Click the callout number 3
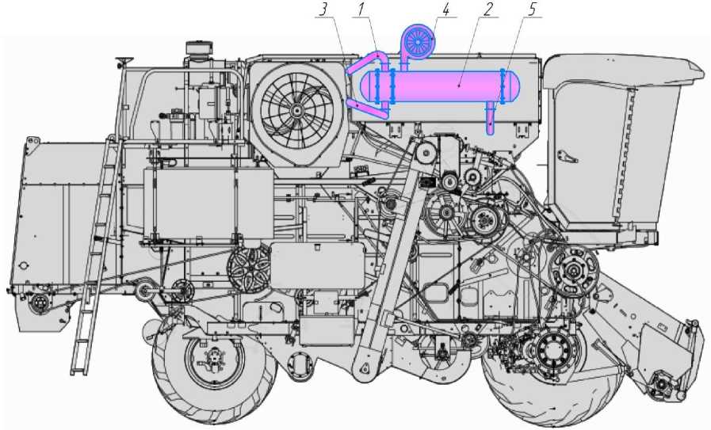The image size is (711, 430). tap(323, 10)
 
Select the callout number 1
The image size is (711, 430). tap(361, 10)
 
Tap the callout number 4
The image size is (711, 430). tap(446, 10)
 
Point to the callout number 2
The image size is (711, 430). tap(487, 10)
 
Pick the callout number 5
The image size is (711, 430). tap(531, 10)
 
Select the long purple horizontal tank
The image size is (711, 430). tap(440, 86)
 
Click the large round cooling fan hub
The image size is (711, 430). tap(296, 109)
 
